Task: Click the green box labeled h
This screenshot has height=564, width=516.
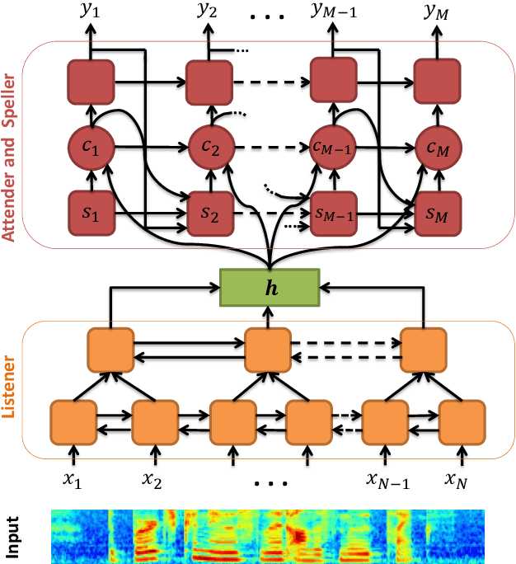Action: coord(269,288)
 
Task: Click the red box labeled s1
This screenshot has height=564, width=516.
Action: coord(89,212)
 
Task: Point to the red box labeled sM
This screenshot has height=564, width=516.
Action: coord(435,212)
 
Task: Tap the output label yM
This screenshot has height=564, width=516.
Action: coord(437,12)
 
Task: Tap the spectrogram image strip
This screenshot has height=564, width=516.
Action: coord(265,537)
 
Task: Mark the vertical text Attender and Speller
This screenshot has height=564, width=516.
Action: coord(11,141)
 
